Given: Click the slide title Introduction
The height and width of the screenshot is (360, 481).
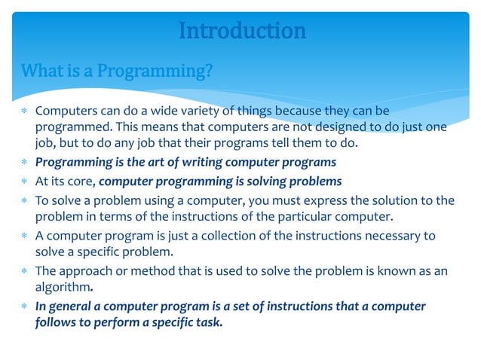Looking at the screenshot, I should (242, 31).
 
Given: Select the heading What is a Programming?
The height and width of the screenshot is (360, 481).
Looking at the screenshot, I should (117, 72).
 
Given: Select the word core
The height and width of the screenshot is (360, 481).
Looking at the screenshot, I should (80, 181).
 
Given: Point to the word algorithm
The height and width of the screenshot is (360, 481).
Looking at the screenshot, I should (63, 287).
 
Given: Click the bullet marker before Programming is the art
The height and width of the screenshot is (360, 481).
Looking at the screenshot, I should (24, 163).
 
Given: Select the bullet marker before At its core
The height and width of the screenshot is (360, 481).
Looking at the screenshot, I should (24, 182).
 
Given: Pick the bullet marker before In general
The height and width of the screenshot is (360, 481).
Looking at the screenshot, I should (24, 307).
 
